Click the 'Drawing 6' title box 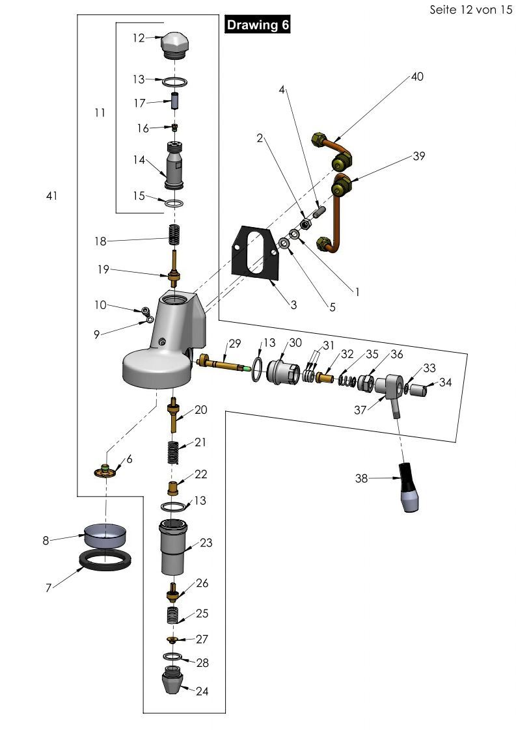pos(258,25)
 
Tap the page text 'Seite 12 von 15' pos(471,10)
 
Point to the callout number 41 pos(52,196)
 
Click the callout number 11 pos(99,113)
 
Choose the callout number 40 pos(417,77)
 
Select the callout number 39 pos(418,156)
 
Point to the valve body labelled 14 pos(174,167)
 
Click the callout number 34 pos(445,383)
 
